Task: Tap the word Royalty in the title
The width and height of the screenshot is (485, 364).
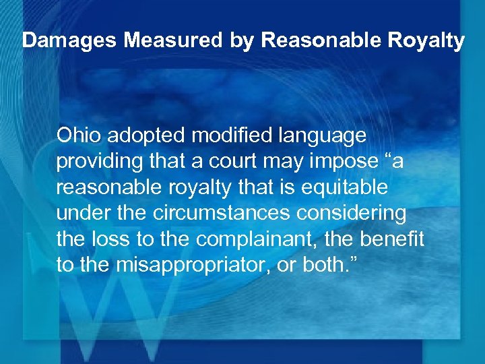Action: [429, 41]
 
